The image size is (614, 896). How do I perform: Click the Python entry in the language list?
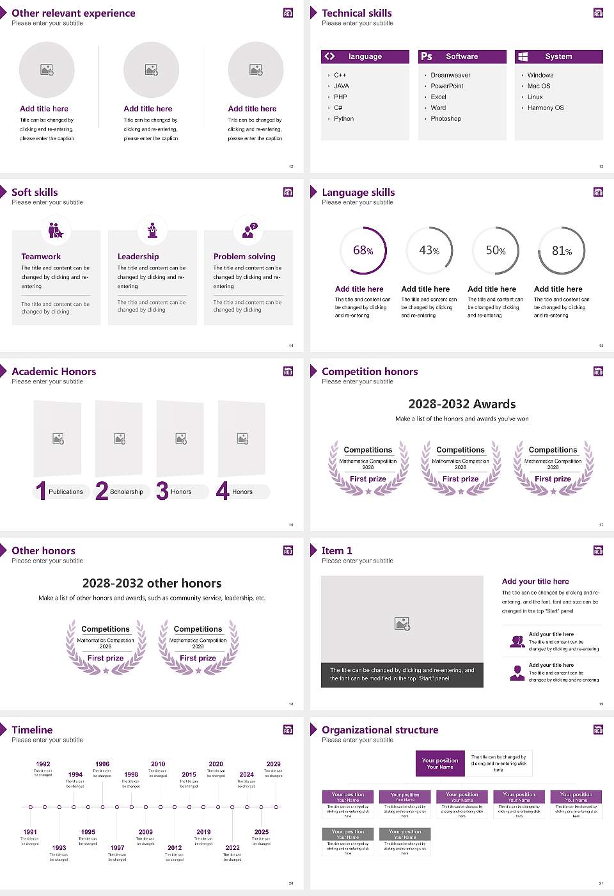click(343, 118)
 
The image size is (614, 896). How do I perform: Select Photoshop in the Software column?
click(446, 118)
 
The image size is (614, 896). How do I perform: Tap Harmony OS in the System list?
click(546, 108)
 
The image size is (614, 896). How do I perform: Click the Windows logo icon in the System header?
click(523, 56)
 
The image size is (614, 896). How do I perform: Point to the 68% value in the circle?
click(363, 250)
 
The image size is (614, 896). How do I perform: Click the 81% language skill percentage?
click(562, 251)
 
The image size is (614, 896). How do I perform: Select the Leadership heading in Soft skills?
click(138, 256)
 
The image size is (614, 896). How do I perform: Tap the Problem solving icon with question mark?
click(248, 230)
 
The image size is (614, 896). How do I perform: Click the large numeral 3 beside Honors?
click(162, 491)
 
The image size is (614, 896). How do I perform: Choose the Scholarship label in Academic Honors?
click(126, 492)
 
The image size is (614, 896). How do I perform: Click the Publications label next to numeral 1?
click(66, 492)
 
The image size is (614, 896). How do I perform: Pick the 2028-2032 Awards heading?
click(462, 404)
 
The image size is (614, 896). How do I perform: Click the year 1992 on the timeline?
click(43, 764)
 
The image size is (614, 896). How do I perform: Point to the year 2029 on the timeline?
click(274, 764)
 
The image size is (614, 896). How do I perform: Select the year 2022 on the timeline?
click(233, 847)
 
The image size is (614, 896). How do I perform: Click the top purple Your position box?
click(440, 764)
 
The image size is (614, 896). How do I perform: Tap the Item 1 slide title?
click(337, 550)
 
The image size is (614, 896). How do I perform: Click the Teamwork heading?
click(41, 256)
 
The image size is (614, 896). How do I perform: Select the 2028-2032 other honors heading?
click(152, 583)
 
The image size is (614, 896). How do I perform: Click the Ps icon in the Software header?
click(427, 56)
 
